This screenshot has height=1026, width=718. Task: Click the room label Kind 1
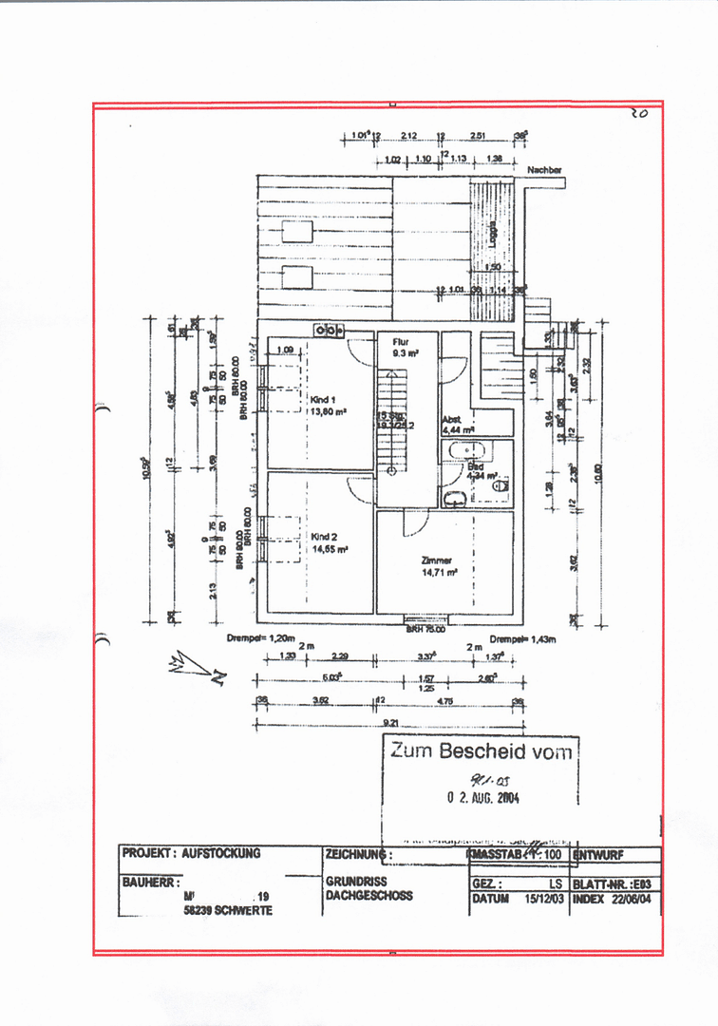pyautogui.click(x=324, y=400)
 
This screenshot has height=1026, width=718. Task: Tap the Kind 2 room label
pyautogui.click(x=324, y=537)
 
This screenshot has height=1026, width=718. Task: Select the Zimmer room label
pyautogui.click(x=437, y=560)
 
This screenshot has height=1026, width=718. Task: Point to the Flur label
pyautogui.click(x=400, y=339)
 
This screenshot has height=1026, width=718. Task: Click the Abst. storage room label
pyautogui.click(x=451, y=419)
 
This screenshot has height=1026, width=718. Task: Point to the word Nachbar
pyautogui.click(x=544, y=170)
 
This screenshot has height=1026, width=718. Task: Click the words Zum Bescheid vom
pyautogui.click(x=482, y=751)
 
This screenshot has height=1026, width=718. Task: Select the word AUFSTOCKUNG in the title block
pyautogui.click(x=221, y=853)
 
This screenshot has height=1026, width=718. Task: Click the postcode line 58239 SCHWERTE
pyautogui.click(x=228, y=910)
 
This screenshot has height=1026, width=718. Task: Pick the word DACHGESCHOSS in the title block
pyautogui.click(x=368, y=895)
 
